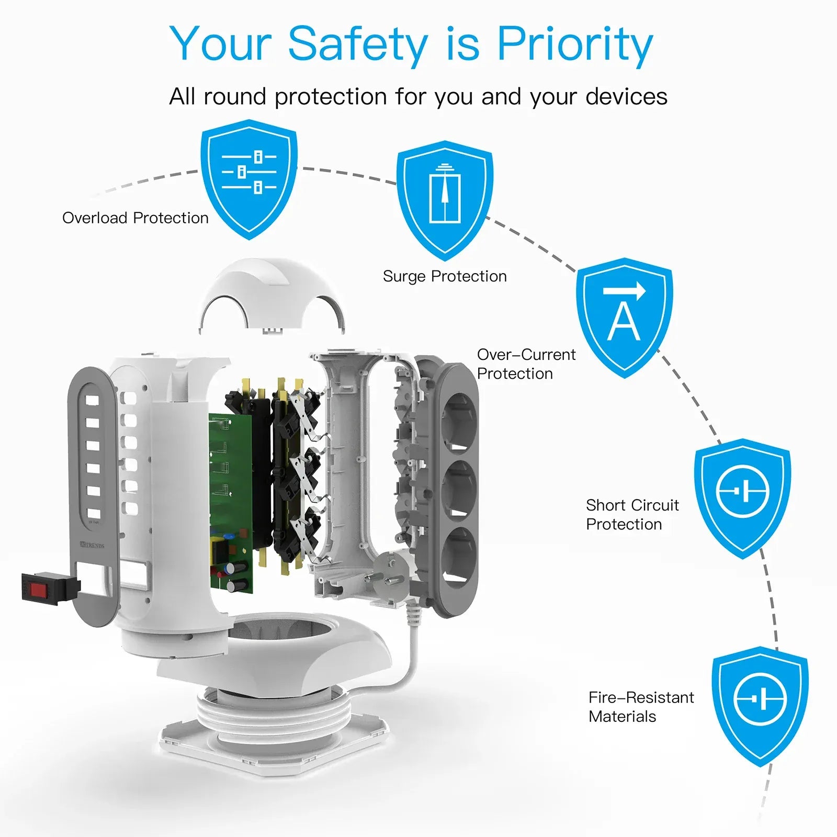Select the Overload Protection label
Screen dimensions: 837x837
click(x=135, y=218)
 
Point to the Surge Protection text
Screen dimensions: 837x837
click(x=445, y=276)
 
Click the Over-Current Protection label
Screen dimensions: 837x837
click(x=525, y=364)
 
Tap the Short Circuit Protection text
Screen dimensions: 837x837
click(x=632, y=514)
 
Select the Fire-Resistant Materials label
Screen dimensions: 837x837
click(x=640, y=707)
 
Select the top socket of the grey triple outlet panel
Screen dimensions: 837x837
click(x=459, y=421)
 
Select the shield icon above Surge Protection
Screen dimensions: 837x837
click(x=445, y=199)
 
